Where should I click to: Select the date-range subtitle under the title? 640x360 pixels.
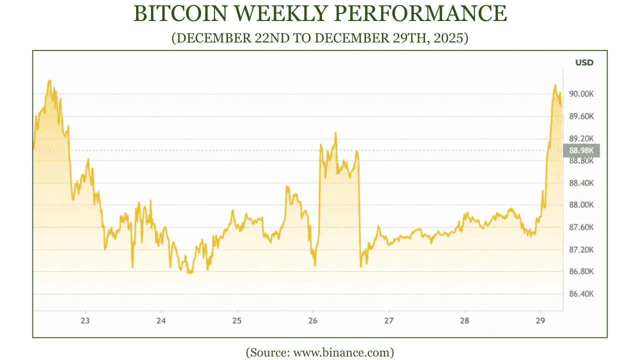(x=320, y=38)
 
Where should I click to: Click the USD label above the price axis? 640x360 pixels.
(x=584, y=62)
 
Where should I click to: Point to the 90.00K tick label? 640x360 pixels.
(x=580, y=94)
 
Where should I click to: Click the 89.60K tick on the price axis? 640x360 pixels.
(x=580, y=116)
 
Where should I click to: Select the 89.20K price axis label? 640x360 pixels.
(x=580, y=138)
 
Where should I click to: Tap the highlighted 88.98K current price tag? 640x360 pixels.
(x=580, y=150)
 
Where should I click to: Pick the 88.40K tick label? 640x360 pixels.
(x=580, y=183)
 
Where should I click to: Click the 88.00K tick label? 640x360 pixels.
(x=580, y=205)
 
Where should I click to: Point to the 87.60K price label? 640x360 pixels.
(x=580, y=227)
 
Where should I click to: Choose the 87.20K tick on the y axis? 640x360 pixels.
(x=580, y=249)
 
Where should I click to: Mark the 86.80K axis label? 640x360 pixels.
(x=580, y=271)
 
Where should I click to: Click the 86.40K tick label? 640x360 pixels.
(x=580, y=294)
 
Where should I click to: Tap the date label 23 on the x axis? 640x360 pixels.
(x=85, y=320)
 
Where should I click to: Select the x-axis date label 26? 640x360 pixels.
(x=312, y=320)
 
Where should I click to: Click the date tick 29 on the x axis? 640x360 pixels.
(x=540, y=320)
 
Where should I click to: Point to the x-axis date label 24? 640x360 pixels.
(x=161, y=320)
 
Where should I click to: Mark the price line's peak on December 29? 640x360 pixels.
(x=555, y=85)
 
